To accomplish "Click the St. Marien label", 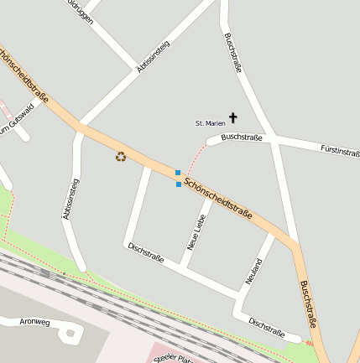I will click(211, 123).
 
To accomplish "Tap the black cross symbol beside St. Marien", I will click(232, 120).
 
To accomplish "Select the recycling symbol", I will click(121, 155).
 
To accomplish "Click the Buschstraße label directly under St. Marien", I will click(242, 137).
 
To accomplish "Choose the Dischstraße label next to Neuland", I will click(267, 327).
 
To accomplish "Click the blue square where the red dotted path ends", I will click(177, 173).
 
